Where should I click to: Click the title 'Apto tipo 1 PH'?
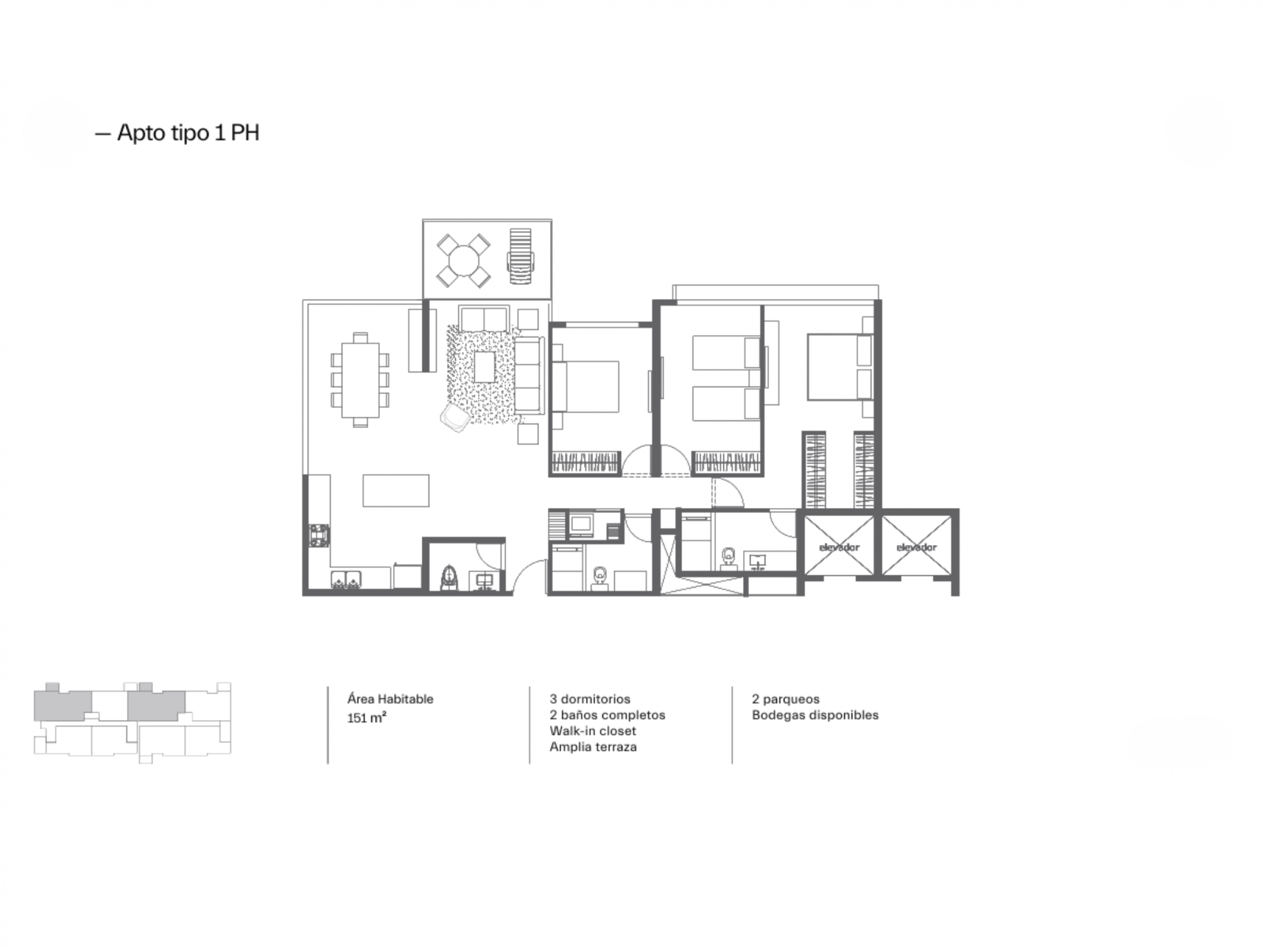[188, 132]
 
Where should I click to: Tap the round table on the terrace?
[464, 262]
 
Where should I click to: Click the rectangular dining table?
[360, 380]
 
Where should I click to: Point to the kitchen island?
[396, 490]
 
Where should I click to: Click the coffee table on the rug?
[484, 367]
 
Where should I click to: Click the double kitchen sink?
[347, 579]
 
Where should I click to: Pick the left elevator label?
[839, 547]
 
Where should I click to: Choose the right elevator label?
[916, 547]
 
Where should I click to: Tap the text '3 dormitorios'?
[590, 699]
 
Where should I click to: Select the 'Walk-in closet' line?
[593, 731]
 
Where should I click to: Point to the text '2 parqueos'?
[786, 699]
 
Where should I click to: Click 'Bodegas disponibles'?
[815, 715]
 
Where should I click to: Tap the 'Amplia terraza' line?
[593, 746]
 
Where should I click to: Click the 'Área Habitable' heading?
[391, 699]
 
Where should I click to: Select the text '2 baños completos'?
[608, 715]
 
